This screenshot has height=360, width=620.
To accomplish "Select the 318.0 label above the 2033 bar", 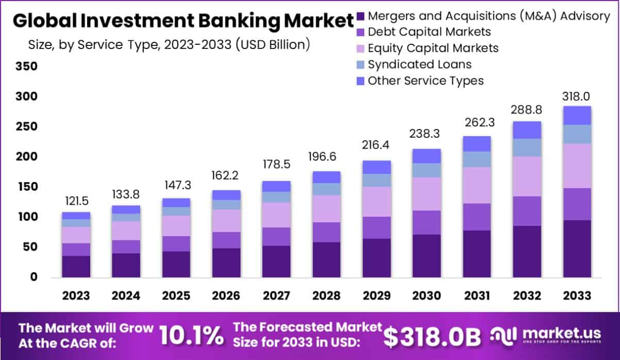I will click(x=577, y=96).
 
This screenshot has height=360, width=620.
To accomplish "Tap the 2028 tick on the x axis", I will click(x=326, y=296).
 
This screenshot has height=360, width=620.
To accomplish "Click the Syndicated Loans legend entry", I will click(x=419, y=64).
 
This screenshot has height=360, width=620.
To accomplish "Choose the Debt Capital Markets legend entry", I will click(x=429, y=31).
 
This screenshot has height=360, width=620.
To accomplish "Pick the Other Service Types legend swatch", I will click(x=360, y=81).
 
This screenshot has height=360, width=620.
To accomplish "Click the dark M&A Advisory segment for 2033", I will click(x=577, y=249).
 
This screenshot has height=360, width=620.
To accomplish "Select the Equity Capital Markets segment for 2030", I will click(x=426, y=194).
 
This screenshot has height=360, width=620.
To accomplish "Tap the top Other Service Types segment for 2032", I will click(x=527, y=130).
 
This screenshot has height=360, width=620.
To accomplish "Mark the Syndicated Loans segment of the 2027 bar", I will click(x=276, y=197).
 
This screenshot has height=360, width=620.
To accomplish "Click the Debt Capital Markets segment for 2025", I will click(x=176, y=243).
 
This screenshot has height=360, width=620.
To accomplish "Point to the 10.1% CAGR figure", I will click(x=191, y=336).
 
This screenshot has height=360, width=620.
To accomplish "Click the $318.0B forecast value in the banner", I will click(x=432, y=336).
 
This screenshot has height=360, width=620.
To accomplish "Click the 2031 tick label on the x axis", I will click(x=477, y=296).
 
